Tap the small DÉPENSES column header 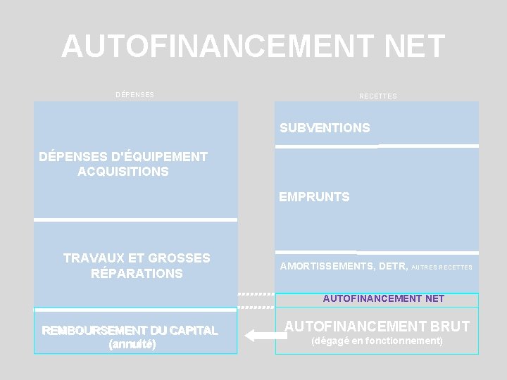point(135,94)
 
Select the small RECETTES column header point(378,96)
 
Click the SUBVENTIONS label point(325,128)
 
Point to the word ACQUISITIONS point(123,171)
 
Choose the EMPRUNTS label point(314,197)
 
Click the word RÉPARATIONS point(137,273)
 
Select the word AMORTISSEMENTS point(326,267)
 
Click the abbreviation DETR point(392,267)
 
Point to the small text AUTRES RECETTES point(442,267)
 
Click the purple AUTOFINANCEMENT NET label point(384,298)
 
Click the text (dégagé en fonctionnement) point(377,341)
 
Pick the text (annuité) point(132,345)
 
